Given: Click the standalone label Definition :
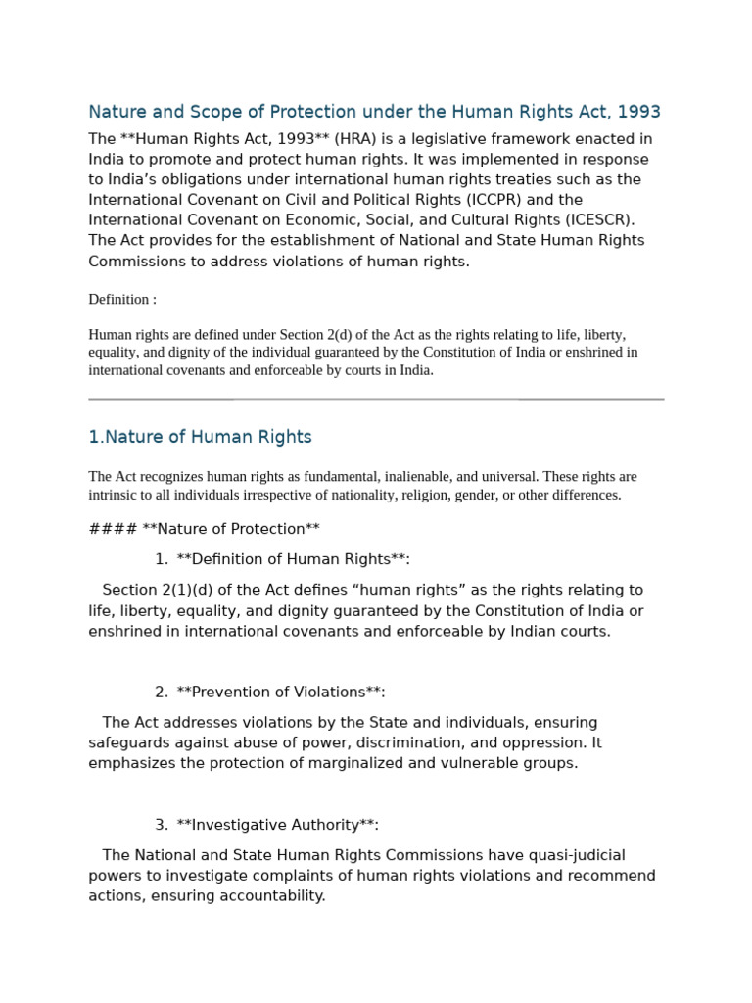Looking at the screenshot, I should [122, 299].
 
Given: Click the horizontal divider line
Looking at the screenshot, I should [376, 399].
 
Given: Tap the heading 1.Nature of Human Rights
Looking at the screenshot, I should [200, 437].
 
